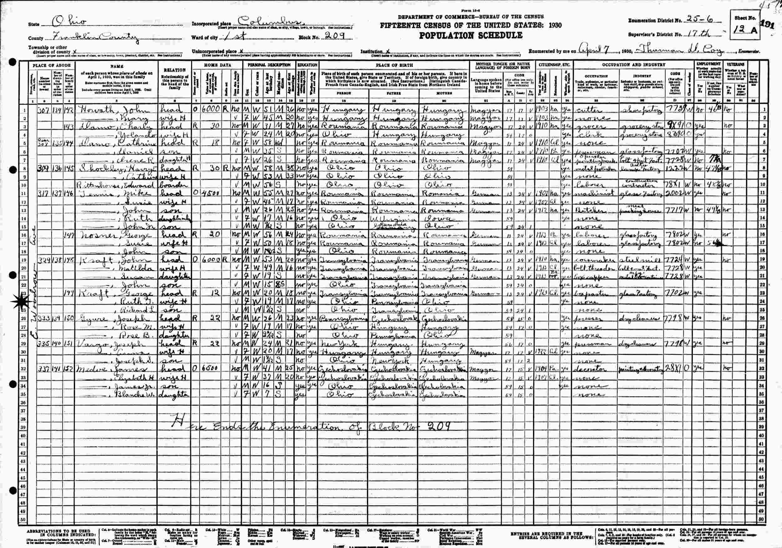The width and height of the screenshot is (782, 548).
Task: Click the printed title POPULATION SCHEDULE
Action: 470,35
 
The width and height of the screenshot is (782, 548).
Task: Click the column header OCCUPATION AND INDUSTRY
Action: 633,64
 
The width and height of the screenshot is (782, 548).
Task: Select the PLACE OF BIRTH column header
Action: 394,65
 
